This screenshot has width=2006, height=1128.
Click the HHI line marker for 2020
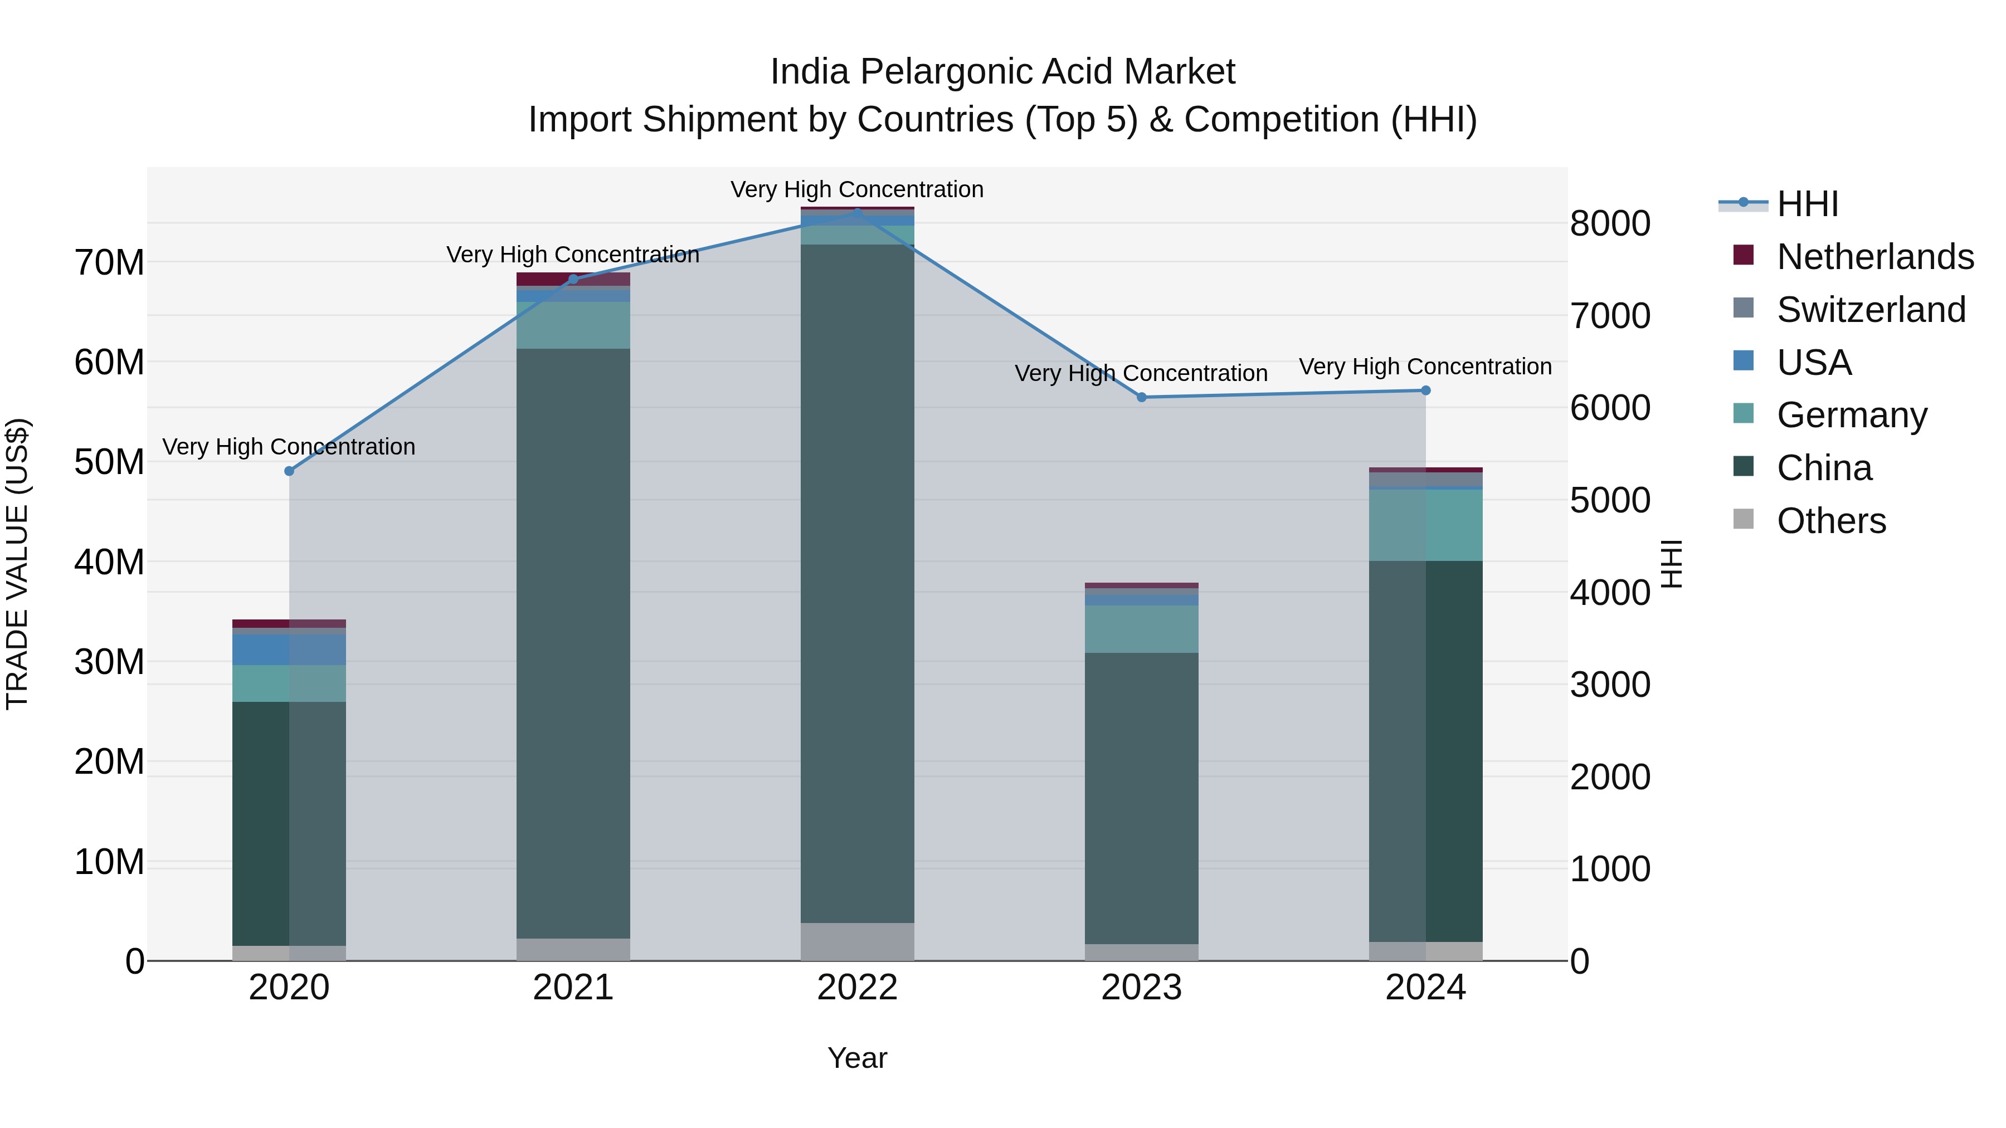[x=289, y=471]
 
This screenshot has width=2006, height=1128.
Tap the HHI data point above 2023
[x=1142, y=397]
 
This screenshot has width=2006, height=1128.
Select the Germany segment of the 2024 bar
[x=1426, y=525]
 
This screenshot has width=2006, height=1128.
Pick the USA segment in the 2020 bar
[x=289, y=650]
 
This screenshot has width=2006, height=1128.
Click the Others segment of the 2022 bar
[x=858, y=941]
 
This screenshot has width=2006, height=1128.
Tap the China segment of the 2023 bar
[x=1142, y=798]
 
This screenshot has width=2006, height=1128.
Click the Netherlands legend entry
[x=1875, y=256]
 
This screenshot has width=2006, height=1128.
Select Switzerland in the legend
[x=1871, y=309]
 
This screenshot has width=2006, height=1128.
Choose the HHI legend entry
[x=1808, y=204]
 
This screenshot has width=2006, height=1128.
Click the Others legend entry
[x=1831, y=520]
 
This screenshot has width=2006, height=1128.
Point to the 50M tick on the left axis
[x=109, y=462]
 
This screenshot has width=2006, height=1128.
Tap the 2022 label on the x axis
[x=858, y=988]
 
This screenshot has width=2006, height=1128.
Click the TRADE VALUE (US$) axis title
[x=17, y=564]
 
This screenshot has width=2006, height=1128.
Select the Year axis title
[x=858, y=1058]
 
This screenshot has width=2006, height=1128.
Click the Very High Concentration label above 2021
[x=573, y=255]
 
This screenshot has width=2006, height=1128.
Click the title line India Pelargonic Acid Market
[x=1002, y=72]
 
